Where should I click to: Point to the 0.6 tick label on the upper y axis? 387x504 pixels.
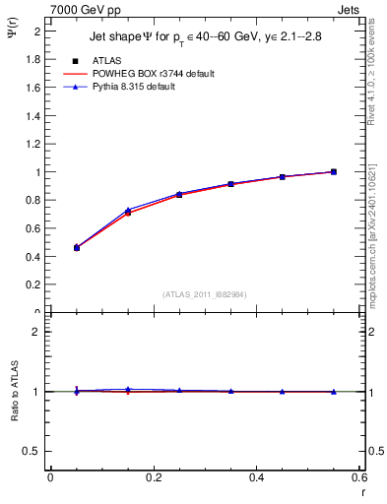[x=32, y=228]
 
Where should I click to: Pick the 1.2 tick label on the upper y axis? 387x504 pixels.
[x=32, y=144]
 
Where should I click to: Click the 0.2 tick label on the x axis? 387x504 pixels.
[x=153, y=477]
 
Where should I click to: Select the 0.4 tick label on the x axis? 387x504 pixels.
[x=256, y=477]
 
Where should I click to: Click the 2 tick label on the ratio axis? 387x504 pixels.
[x=35, y=332]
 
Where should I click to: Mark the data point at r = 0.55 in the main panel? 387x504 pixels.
[x=334, y=171]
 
